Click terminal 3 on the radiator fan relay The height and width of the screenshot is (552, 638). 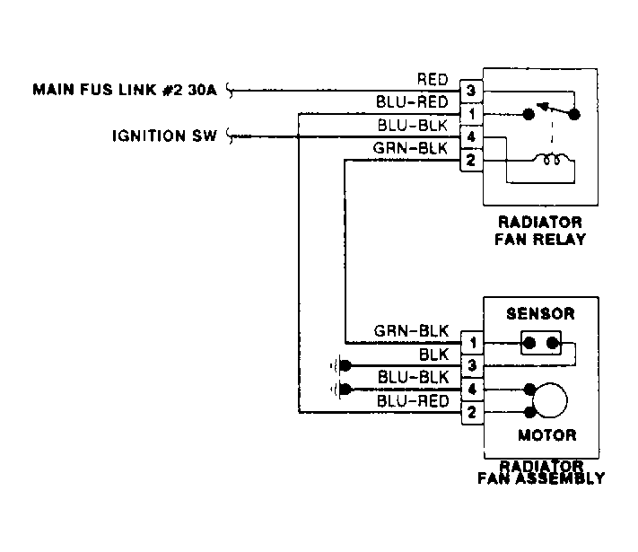click(x=471, y=91)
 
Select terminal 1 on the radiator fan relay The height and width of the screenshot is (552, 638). click(x=471, y=114)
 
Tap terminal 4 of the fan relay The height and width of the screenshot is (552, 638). click(x=471, y=136)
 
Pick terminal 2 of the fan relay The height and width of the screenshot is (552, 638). click(x=471, y=160)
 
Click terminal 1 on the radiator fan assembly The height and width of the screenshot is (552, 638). click(x=472, y=343)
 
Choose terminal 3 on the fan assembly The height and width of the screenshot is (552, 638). click(x=472, y=365)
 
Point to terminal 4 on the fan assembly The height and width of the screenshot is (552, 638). click(x=472, y=390)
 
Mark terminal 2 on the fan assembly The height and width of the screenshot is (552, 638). click(x=472, y=413)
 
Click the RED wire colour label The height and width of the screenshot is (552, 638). click(x=433, y=79)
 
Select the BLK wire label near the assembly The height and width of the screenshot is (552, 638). click(x=434, y=355)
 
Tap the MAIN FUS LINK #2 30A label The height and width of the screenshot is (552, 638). click(x=125, y=90)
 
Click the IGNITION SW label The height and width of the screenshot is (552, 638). click(x=164, y=136)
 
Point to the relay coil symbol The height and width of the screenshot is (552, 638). click(x=552, y=158)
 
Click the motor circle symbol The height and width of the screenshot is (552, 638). click(x=550, y=400)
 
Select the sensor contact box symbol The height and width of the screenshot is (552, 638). click(x=541, y=343)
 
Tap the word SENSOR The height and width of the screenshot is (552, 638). click(x=540, y=313)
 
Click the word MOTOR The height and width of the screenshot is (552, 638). click(x=546, y=435)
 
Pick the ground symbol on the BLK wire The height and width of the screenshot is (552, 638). click(x=341, y=366)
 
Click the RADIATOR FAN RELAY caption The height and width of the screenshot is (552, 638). click(x=540, y=231)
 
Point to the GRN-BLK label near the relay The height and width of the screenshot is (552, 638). click(x=410, y=148)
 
